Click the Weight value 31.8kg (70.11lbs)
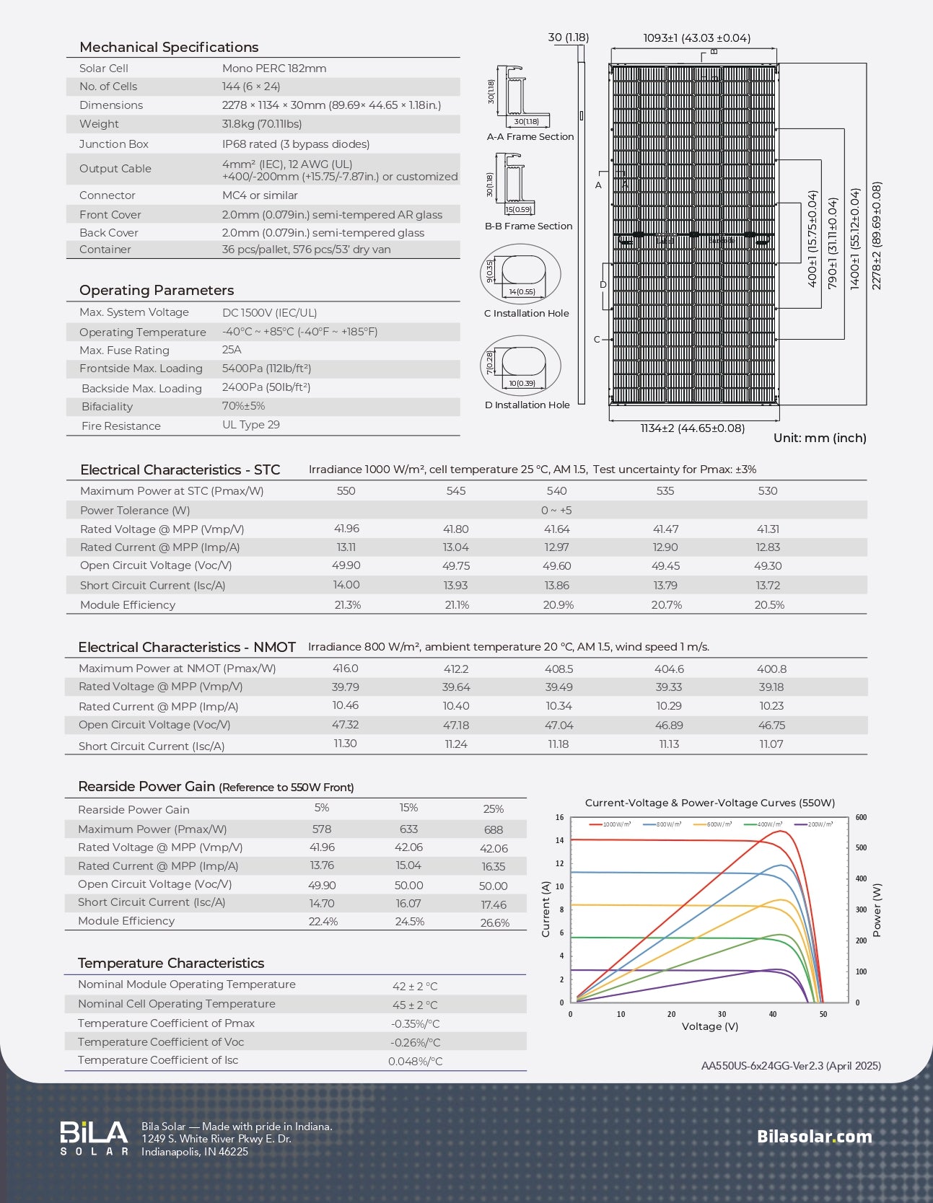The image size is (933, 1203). coord(262,124)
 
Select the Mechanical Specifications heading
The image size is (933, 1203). coord(169,47)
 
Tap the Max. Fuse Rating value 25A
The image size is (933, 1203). coord(232,350)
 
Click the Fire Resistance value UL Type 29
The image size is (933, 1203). coord(250,425)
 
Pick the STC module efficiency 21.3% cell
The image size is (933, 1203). coord(347,605)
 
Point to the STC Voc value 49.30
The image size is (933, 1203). coord(768,566)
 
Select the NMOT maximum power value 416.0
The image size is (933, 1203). coord(345,669)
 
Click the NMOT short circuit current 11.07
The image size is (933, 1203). coord(771,744)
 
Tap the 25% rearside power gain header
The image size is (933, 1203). coord(494,809)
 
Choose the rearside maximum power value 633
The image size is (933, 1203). coord(408,829)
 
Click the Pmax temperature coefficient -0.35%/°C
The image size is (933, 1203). coord(415,1023)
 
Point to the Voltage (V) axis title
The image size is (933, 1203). coord(710,1026)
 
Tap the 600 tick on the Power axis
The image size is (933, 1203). coord(861,818)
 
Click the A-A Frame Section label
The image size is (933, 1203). coord(530,136)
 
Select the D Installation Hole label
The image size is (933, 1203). coord(527,405)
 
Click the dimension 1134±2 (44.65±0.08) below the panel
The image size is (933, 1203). coord(692,428)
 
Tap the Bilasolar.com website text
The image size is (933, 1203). coord(814,1137)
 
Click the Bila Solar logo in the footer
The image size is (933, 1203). coord(94,1138)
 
